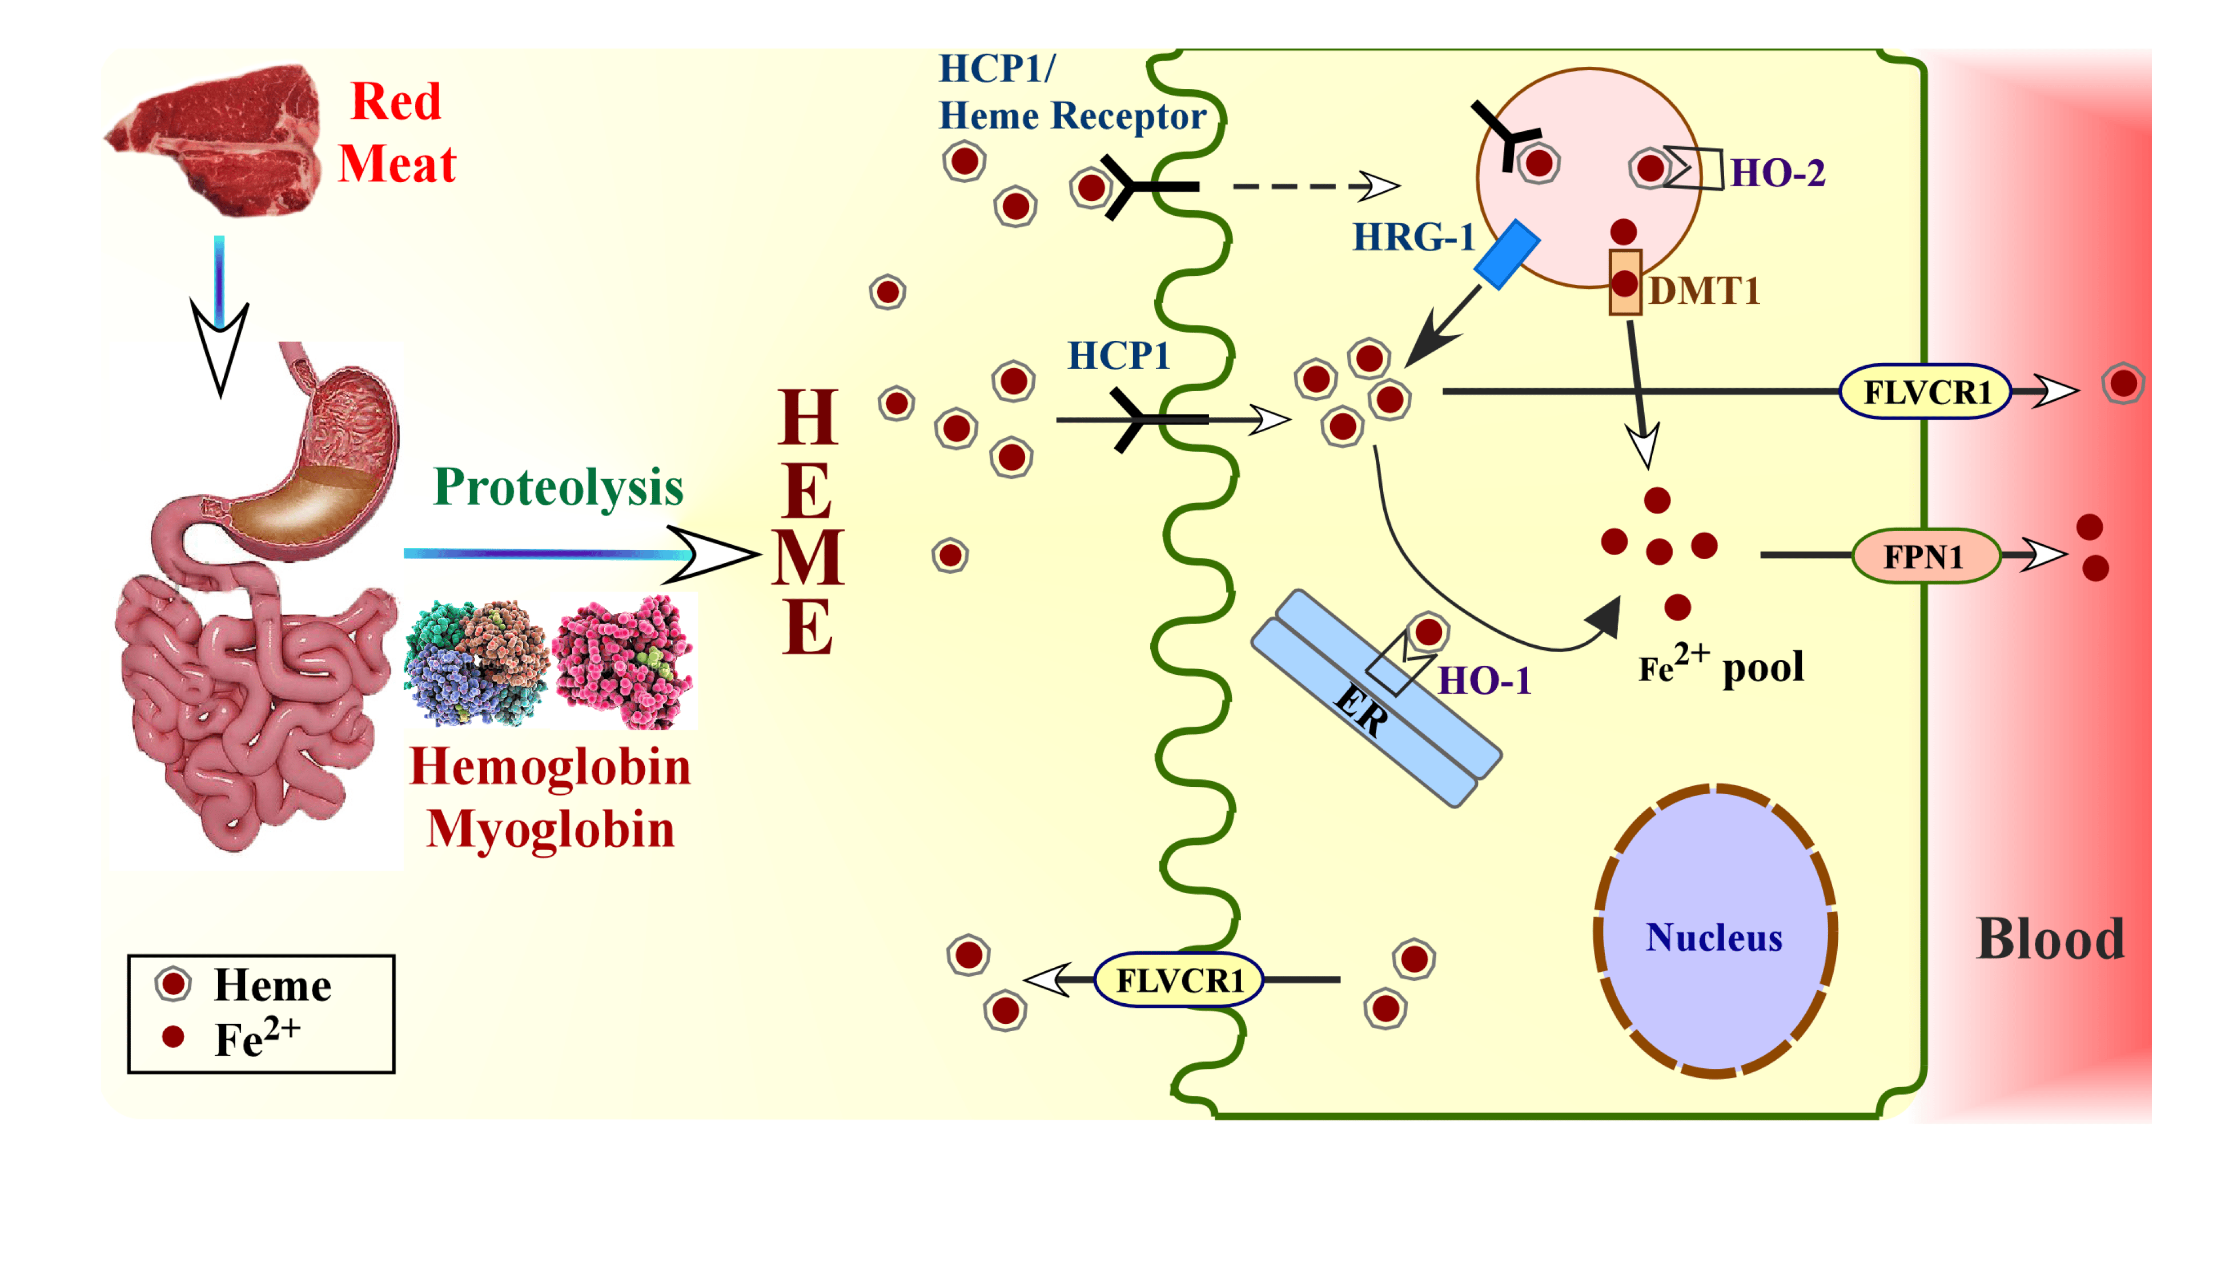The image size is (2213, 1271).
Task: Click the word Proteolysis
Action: [558, 487]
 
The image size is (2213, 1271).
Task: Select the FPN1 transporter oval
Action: [1925, 556]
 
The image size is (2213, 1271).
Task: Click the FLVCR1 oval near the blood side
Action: [1925, 392]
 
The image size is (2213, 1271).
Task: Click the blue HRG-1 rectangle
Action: [1507, 254]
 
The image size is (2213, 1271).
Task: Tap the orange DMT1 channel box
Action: [1625, 282]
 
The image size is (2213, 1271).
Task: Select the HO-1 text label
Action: [1484, 681]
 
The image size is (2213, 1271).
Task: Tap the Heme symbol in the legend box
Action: [173, 984]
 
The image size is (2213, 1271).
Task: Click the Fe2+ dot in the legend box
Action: [173, 1036]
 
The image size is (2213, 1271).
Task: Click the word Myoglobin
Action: [550, 828]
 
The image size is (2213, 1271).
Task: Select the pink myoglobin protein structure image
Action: [624, 660]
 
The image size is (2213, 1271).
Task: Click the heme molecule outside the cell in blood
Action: [2123, 383]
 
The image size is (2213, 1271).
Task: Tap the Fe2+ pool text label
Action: [1720, 668]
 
